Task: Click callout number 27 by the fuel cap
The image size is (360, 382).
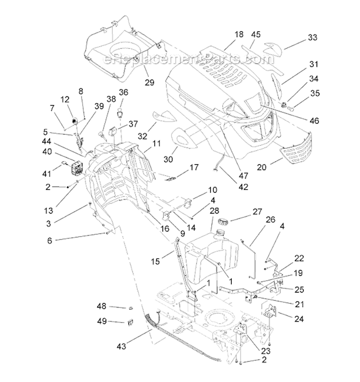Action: point(257,212)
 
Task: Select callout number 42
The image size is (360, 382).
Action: point(243,187)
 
